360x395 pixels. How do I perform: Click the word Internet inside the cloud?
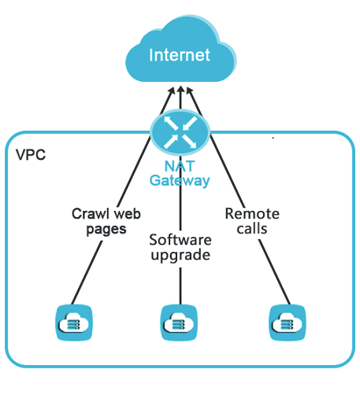(x=180, y=55)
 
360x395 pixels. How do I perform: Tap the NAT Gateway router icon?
(x=180, y=132)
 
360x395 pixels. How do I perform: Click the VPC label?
(x=31, y=155)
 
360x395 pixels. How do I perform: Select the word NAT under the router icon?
(x=180, y=166)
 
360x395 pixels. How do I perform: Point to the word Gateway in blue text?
(x=180, y=181)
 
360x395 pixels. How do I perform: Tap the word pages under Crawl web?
(x=106, y=230)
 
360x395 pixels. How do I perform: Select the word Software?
(x=180, y=240)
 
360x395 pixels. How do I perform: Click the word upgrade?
(x=180, y=255)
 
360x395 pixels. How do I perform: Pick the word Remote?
(x=252, y=214)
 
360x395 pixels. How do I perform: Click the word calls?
(x=252, y=229)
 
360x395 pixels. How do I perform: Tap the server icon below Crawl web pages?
(x=74, y=323)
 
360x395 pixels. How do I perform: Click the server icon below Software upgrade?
(x=179, y=323)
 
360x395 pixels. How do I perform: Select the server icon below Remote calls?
(x=288, y=323)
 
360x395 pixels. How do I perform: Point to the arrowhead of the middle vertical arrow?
(x=180, y=89)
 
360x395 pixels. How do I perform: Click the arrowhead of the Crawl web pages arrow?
(x=172, y=90)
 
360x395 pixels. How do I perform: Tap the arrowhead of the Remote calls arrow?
(x=189, y=90)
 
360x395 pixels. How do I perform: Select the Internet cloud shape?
(x=181, y=49)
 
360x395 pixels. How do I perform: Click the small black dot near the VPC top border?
(x=273, y=138)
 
